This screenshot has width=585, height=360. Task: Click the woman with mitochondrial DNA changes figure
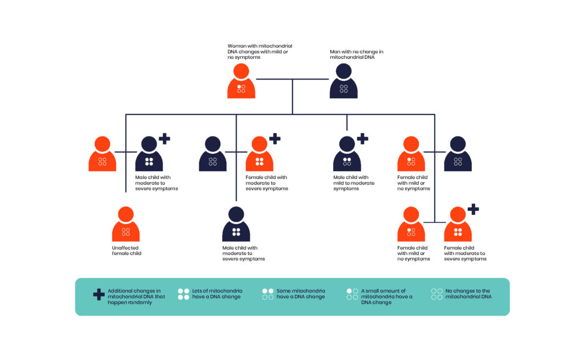(x=241, y=81)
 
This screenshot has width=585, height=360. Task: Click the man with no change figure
(x=343, y=81)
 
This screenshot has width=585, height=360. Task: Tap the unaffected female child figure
(x=126, y=224)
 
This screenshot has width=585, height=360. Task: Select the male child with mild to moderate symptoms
(x=347, y=154)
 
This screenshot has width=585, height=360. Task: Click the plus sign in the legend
(x=98, y=294)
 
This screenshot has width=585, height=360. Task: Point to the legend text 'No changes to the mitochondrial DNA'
(x=468, y=294)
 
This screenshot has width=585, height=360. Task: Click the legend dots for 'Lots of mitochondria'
(x=183, y=294)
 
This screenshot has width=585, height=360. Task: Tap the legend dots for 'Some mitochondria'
(x=267, y=294)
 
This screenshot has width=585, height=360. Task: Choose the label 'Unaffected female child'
(x=126, y=250)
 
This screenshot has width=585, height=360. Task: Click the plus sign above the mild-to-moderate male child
(x=362, y=138)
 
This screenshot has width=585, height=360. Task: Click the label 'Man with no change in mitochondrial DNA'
(x=356, y=54)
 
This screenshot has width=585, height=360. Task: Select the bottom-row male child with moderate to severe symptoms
(x=236, y=224)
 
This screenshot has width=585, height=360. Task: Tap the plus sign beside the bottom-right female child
(x=473, y=209)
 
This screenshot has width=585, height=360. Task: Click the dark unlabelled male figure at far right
(x=458, y=154)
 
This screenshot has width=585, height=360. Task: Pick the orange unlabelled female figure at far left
(x=102, y=154)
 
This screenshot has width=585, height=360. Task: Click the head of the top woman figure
(x=241, y=71)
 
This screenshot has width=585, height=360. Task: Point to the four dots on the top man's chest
(x=343, y=89)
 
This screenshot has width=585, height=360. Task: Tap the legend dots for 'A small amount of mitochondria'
(x=352, y=294)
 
